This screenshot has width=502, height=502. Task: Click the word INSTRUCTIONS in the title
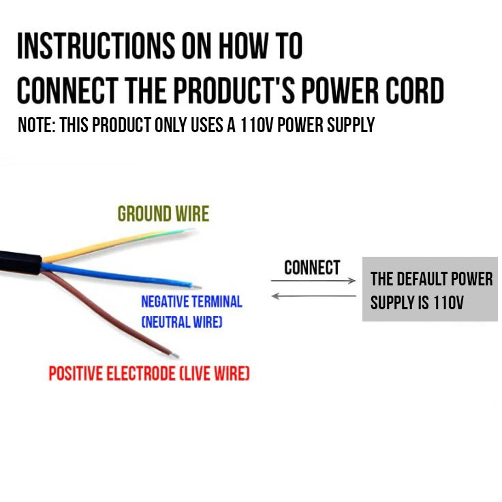96,46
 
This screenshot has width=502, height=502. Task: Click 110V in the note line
257,125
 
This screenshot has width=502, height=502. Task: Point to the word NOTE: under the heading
37,125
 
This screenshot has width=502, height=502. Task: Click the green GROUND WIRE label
163,214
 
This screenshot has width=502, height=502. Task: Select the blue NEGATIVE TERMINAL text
191,302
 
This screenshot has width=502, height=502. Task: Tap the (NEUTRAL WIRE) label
182,321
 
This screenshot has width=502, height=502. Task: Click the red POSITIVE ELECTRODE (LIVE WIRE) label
149,373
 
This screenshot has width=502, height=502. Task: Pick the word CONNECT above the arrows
312,268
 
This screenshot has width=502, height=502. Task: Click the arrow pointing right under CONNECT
313,281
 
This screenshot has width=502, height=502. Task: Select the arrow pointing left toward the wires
314,296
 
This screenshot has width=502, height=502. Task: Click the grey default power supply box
430,289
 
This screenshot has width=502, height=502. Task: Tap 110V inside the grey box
448,302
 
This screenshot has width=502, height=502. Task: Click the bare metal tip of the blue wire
197,286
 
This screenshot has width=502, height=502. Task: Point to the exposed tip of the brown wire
176,356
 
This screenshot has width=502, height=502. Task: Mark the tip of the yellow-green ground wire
189,230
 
